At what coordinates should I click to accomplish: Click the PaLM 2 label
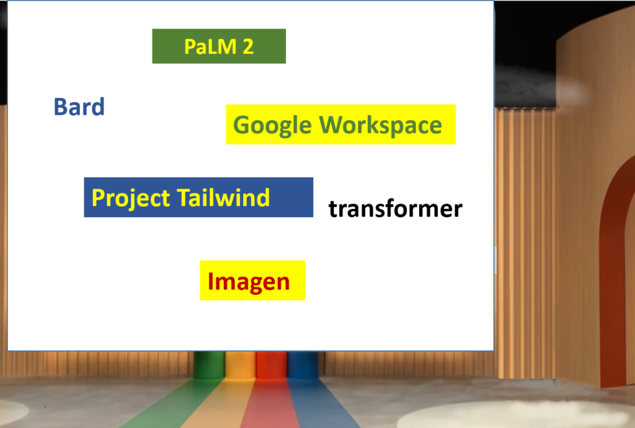click(219, 47)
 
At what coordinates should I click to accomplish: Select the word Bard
click(79, 107)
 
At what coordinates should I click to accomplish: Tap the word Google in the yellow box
click(273, 125)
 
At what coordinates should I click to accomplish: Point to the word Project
click(131, 198)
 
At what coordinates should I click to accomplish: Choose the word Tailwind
click(223, 198)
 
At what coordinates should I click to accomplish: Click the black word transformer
click(395, 209)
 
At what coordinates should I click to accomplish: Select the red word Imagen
click(249, 282)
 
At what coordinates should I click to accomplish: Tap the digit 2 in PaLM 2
click(248, 47)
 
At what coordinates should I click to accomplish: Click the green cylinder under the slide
click(209, 365)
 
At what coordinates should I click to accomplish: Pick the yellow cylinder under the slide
click(240, 365)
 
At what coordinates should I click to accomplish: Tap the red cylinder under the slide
click(272, 365)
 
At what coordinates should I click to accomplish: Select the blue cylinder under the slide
click(303, 365)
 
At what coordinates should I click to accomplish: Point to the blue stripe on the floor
click(320, 403)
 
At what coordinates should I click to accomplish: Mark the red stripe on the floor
click(269, 403)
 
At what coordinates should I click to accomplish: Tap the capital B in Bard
click(60, 107)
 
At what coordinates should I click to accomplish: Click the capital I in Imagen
click(211, 282)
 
